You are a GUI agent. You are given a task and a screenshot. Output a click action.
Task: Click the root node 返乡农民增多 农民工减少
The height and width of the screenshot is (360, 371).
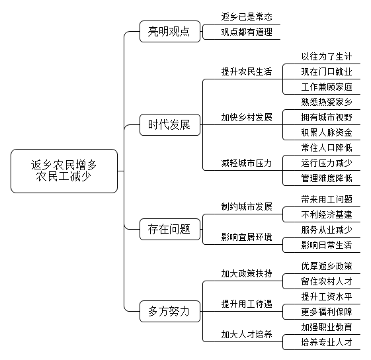64,171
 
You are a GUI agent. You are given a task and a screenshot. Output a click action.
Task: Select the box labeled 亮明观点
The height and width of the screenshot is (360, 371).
170,32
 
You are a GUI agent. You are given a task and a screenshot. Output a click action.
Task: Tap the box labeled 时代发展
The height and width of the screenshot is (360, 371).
170,125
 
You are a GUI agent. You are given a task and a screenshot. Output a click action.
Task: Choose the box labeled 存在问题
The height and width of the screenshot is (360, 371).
170,229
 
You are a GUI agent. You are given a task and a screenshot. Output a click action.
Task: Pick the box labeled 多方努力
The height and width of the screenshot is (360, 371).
170,311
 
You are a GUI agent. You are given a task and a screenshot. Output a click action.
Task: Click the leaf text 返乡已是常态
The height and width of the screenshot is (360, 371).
247,17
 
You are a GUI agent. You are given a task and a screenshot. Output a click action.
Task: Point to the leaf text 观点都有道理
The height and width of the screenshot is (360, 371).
247,32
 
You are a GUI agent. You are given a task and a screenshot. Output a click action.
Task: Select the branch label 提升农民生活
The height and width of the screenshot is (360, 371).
247,71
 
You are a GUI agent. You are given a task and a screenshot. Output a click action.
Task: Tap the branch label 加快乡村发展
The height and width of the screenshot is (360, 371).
247,117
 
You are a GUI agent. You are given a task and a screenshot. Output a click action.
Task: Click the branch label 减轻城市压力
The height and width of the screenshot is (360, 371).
247,163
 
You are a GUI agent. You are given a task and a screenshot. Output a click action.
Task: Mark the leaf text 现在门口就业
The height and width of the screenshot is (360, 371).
327,71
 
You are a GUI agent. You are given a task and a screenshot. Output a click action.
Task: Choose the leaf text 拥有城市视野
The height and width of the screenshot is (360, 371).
327,117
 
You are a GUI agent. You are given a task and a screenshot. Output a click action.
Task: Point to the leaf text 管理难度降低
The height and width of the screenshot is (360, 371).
327,178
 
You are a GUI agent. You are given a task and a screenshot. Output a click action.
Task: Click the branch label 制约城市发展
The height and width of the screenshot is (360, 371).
247,206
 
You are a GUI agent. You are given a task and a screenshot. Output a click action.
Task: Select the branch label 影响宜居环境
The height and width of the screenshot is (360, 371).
247,237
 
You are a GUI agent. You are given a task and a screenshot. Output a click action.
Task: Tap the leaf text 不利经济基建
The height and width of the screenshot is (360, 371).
327,214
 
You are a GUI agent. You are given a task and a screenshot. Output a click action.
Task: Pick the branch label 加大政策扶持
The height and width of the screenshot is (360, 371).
247,273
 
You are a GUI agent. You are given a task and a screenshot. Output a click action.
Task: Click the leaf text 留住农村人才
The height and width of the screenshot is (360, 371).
327,281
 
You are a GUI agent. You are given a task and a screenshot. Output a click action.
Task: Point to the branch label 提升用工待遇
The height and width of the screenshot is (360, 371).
247,304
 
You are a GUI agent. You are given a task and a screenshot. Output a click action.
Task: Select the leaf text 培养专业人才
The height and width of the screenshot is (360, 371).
327,342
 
